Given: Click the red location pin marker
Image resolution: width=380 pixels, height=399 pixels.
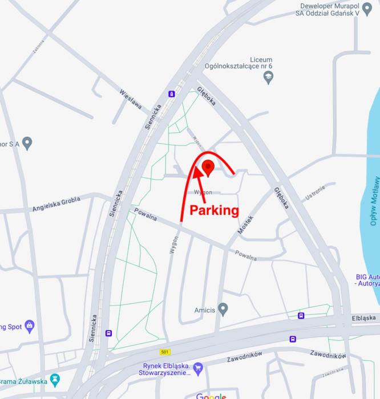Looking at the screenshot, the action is [x=208, y=168].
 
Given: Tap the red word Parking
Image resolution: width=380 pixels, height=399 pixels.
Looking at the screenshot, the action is [x=214, y=210].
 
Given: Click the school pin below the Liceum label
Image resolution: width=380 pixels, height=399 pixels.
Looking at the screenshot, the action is [x=269, y=78].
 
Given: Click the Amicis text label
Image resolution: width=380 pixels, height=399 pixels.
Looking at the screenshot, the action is [x=204, y=310].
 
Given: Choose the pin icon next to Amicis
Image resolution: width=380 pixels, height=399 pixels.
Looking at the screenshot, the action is [x=223, y=310].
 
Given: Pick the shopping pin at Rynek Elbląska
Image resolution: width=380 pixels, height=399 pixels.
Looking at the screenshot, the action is [x=198, y=368].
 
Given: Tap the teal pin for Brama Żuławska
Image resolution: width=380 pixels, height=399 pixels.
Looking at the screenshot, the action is [x=55, y=379].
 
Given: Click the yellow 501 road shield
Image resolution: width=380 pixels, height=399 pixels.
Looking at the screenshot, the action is [x=165, y=352].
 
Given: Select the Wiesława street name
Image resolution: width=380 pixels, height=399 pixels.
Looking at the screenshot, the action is [x=131, y=101].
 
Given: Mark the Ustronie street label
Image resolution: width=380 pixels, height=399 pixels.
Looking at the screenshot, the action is [x=315, y=192].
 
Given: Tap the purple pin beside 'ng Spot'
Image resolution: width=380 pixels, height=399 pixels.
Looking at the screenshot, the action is [x=30, y=327].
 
